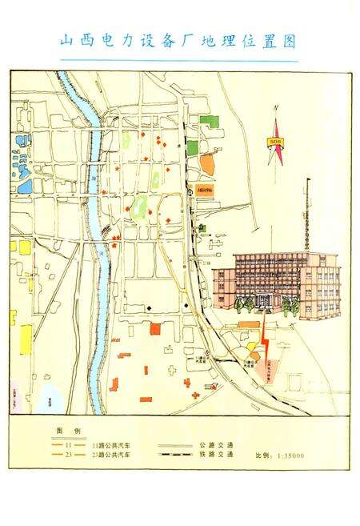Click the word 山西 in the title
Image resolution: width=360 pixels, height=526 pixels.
(78, 42)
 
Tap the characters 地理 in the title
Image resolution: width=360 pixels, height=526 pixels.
(221, 42)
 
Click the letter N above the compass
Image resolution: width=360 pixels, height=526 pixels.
(274, 108)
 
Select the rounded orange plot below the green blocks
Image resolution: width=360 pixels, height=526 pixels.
(206, 165)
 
